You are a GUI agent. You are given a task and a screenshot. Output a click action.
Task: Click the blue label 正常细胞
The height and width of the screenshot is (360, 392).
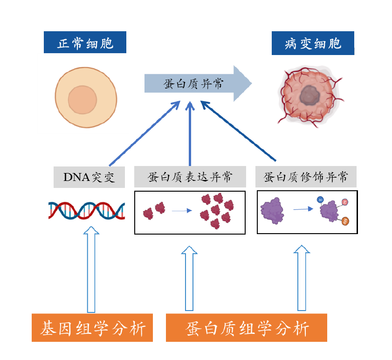coord(85,43)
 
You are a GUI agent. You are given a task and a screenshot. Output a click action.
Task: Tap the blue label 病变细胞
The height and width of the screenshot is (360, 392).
coord(313,43)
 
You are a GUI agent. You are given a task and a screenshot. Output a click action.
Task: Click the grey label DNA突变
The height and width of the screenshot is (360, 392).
coord(89,177)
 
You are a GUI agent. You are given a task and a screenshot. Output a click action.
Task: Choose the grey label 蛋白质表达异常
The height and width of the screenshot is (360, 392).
coord(190,177)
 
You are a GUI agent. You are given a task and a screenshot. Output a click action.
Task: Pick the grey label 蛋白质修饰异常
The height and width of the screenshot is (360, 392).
coord(306,177)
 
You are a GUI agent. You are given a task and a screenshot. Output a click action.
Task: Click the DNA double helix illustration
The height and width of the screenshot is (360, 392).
coord(87,210)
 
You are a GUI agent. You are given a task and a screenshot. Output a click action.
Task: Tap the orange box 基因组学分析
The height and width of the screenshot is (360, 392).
coord(92,328)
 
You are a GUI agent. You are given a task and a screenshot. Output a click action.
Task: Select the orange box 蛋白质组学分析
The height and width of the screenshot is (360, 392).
coord(247,328)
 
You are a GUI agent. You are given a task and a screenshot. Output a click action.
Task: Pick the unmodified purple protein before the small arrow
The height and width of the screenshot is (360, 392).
coord(272,210)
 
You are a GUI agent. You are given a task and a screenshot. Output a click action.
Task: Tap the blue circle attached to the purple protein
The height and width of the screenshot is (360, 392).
coord(320,199)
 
